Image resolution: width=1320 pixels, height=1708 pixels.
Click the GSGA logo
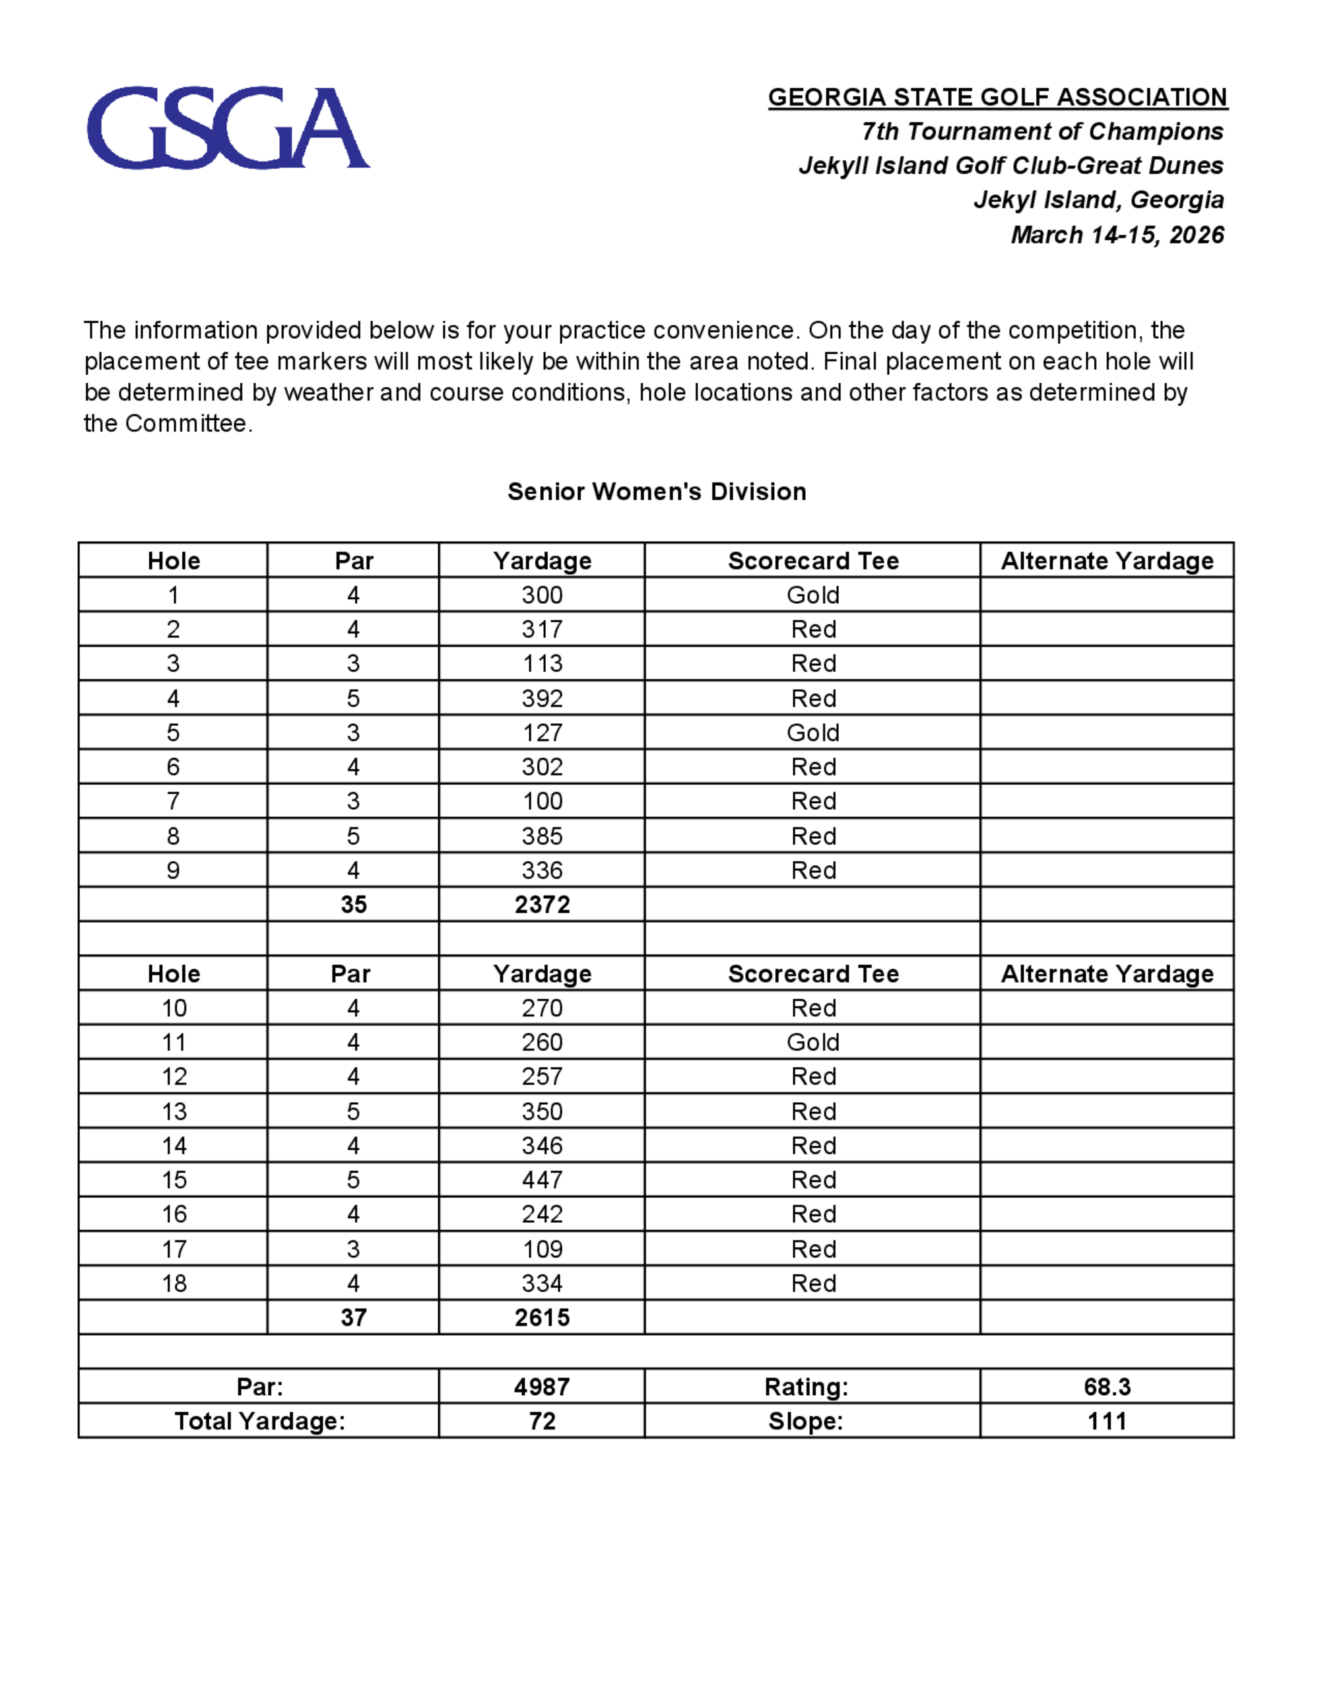pos(228,127)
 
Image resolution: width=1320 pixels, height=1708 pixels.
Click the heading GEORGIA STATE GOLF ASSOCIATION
pos(997,97)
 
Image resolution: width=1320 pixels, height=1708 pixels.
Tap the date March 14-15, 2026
pos(1117,234)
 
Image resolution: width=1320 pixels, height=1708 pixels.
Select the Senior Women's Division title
pos(657,491)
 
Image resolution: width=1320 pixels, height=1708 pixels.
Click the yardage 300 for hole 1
pos(542,595)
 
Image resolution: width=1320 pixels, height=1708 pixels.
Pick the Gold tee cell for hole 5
pos(812,733)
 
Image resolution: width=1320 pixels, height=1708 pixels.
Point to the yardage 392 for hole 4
pos(542,698)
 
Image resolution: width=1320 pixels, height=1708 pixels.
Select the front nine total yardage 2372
pos(542,905)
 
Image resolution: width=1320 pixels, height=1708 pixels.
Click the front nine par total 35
pos(354,905)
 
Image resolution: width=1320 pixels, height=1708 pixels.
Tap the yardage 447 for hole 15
pos(542,1180)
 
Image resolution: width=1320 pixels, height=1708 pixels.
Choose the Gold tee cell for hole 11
pos(812,1043)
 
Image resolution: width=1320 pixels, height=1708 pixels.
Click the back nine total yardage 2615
pos(542,1318)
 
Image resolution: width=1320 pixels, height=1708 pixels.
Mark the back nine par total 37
pos(354,1318)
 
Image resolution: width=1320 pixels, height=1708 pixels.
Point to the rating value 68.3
pos(1107,1387)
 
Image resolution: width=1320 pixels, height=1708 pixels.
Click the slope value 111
pos(1107,1421)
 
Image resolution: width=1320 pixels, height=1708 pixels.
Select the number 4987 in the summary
pos(542,1387)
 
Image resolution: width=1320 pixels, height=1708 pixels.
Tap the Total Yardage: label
pos(259,1421)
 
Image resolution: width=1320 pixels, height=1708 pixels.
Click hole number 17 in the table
pos(174,1249)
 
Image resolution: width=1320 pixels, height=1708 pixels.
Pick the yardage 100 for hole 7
pos(542,802)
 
